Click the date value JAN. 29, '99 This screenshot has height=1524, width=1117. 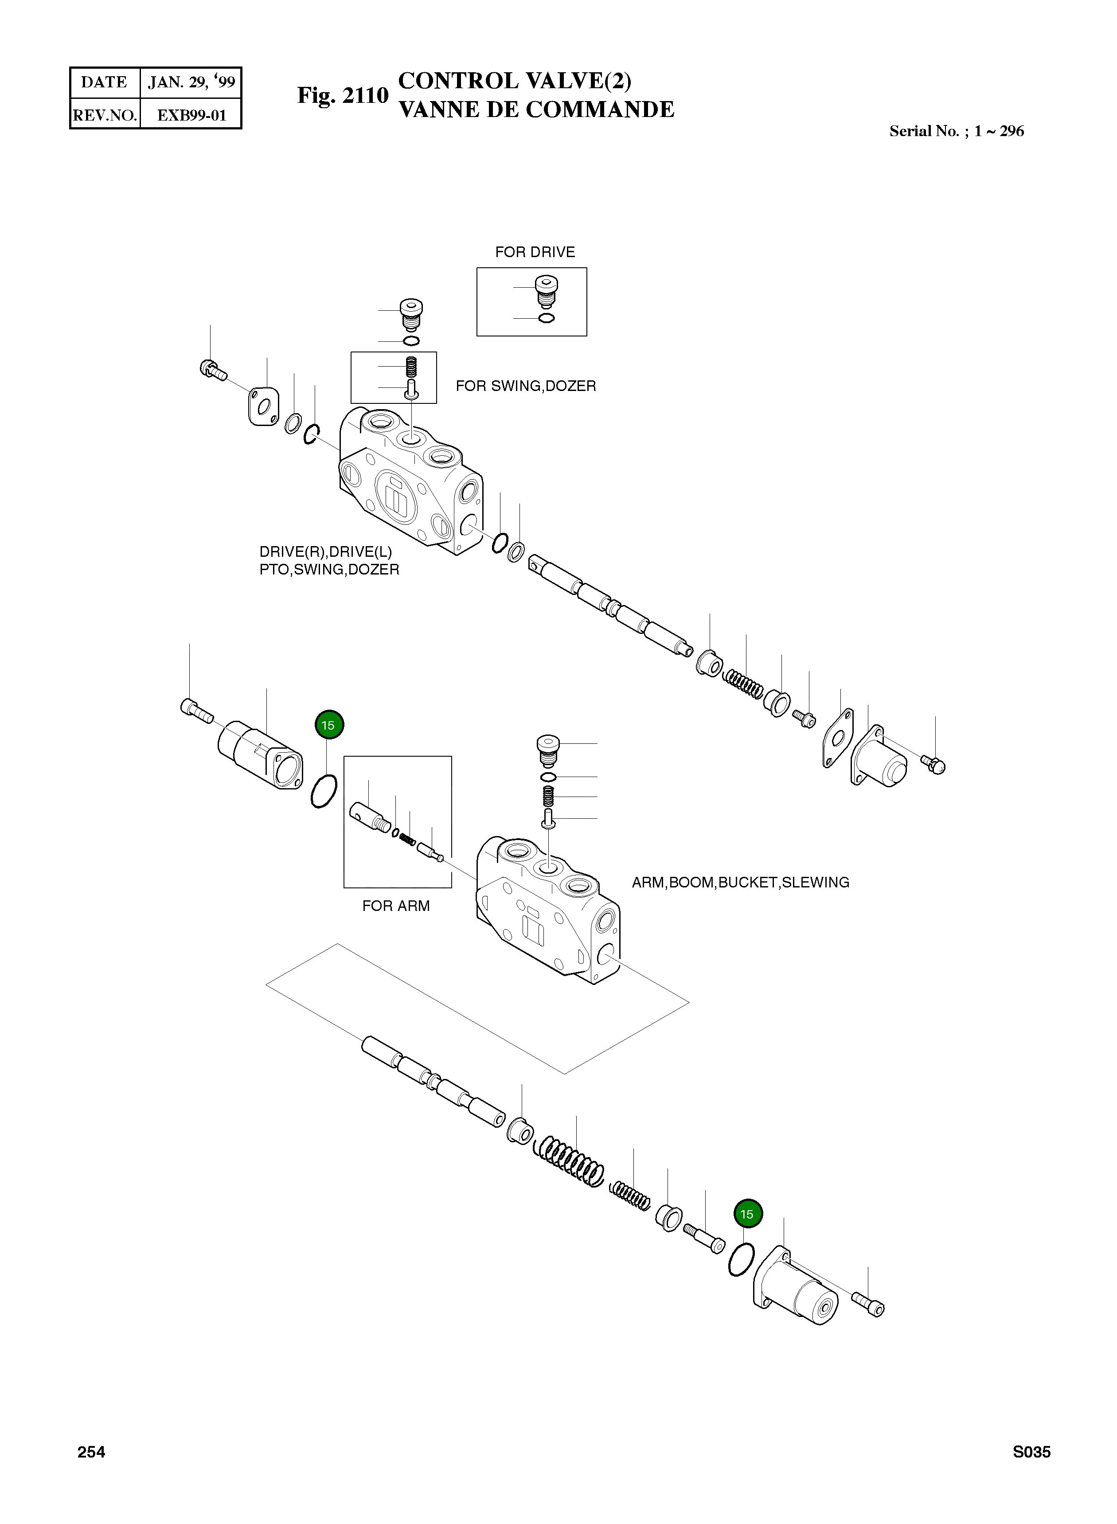pos(191,82)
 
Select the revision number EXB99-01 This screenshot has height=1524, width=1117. pos(191,115)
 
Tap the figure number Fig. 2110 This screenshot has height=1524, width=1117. pos(343,95)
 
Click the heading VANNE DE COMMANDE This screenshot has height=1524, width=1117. pos(536,109)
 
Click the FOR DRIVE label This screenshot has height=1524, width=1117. pos(535,252)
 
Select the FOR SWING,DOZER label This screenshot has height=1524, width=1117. pos(525,386)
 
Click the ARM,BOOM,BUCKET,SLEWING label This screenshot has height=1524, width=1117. pos(740,883)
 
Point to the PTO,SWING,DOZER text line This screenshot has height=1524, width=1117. pos(329,569)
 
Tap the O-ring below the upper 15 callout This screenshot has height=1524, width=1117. pos(324,791)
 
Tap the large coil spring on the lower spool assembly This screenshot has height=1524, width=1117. pos(569,1163)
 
